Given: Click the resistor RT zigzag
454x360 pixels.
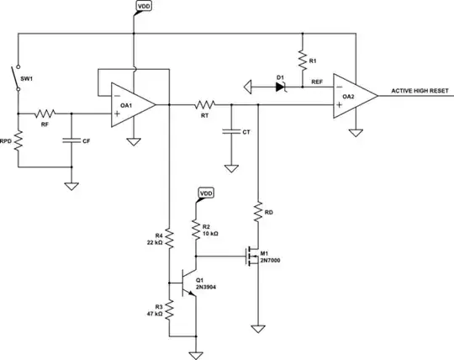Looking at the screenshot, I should click(203, 105).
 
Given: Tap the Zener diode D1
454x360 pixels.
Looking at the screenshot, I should click(282, 84).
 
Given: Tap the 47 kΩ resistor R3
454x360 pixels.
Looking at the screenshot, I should click(168, 310).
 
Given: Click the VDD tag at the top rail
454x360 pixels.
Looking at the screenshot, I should click(144, 6).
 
